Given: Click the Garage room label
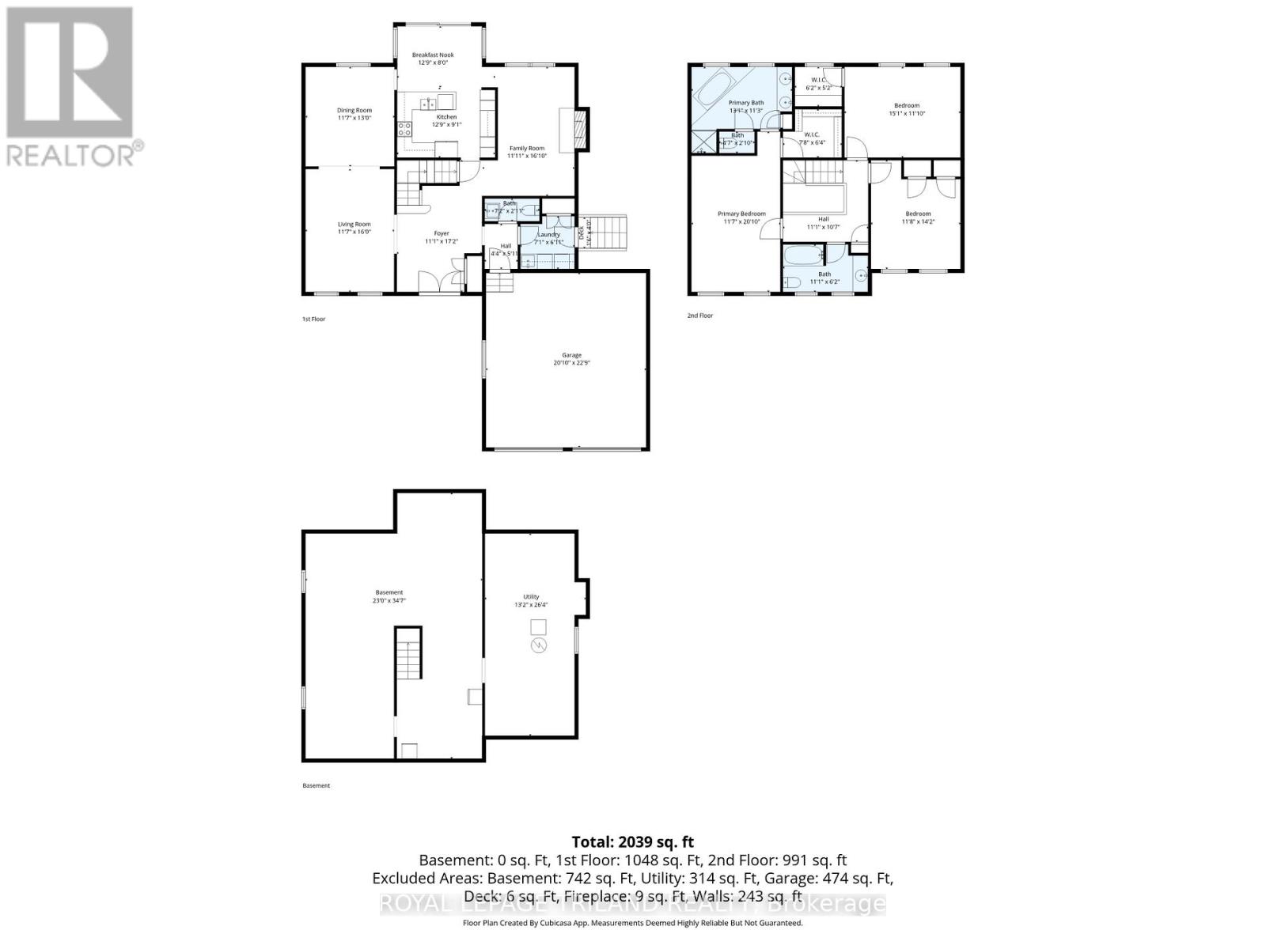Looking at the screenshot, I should (x=571, y=359).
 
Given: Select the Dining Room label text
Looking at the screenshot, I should (x=354, y=114).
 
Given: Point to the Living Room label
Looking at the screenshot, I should (x=354, y=228).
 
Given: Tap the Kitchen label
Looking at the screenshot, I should (x=446, y=120).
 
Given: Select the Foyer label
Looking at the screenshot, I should (x=441, y=236).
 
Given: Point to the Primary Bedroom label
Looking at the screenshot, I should (x=741, y=217).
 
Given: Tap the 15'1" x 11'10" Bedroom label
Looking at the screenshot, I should (x=907, y=109).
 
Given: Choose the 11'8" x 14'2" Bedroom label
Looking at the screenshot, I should (x=918, y=217).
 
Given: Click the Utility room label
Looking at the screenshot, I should (x=530, y=601).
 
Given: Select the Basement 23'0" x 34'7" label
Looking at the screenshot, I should (x=389, y=596).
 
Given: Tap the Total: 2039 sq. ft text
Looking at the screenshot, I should (x=632, y=842).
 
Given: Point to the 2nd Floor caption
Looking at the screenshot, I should (x=699, y=316).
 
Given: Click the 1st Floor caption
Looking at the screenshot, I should (x=313, y=319).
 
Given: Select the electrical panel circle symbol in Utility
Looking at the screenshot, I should (x=538, y=646).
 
